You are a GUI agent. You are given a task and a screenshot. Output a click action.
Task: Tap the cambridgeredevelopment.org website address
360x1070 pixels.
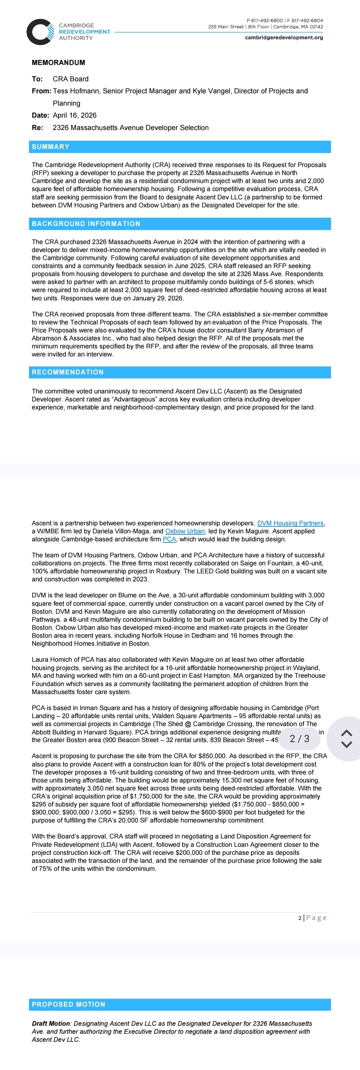pyautogui.click(x=284, y=37)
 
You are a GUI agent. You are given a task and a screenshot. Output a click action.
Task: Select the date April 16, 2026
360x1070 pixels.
pyautogui.click(x=74, y=115)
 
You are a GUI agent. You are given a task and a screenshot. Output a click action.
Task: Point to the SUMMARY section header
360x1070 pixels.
pyautogui.click(x=50, y=147)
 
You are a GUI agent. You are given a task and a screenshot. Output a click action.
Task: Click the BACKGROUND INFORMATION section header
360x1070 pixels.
pyautogui.click(x=86, y=223)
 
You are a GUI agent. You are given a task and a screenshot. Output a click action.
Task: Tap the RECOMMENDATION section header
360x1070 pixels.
pyautogui.click(x=68, y=372)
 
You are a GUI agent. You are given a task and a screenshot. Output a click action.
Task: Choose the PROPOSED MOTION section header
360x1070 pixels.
pyautogui.click(x=69, y=1004)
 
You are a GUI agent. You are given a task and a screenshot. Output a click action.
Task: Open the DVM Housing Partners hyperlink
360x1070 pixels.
pyautogui.click(x=290, y=523)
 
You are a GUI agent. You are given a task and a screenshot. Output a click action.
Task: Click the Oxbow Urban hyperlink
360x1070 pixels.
pyautogui.click(x=185, y=531)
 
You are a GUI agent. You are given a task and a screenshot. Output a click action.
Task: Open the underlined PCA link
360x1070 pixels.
pyautogui.click(x=169, y=539)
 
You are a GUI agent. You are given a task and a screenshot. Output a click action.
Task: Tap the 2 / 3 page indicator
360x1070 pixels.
pyautogui.click(x=299, y=738)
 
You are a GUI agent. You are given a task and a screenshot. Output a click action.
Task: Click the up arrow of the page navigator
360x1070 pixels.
pyautogui.click(x=346, y=733)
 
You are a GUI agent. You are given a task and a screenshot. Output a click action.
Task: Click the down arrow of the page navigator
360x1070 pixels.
pyautogui.click(x=346, y=744)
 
